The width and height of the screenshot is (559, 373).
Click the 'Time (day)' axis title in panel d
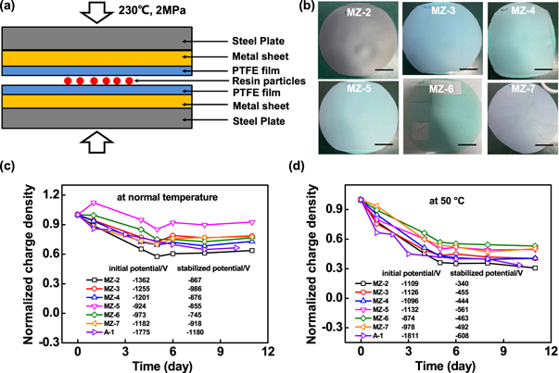point(425,365)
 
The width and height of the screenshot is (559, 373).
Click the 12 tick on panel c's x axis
point(267,351)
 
